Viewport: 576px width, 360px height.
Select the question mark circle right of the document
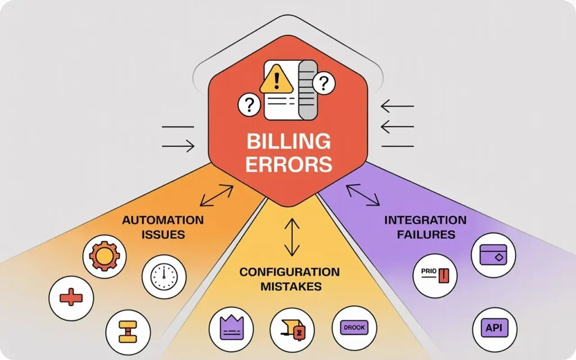323,84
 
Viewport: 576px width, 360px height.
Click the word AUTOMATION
163,219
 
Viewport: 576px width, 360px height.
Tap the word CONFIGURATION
290,272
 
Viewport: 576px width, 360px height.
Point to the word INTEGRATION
425,219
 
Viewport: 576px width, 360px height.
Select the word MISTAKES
290,286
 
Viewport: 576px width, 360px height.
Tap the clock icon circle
164,276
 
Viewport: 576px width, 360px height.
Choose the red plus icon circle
71,296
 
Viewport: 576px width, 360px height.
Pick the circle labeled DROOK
354,328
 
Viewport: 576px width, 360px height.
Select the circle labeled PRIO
434,276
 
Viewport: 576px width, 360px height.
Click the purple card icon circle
493,255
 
